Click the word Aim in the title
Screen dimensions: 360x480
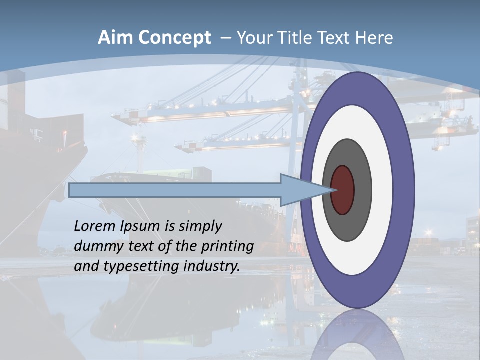[x=114, y=38]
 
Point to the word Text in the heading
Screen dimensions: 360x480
[x=336, y=38]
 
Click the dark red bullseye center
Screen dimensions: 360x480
[x=342, y=190]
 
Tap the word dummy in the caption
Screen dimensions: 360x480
[x=97, y=246]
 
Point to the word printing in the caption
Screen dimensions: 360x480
[x=227, y=246]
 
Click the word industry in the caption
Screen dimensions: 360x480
[x=212, y=266]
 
